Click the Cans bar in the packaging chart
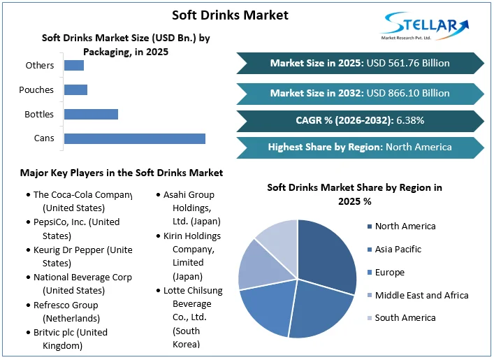tap(134, 138)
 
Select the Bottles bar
tap(91, 114)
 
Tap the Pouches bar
tap(75, 89)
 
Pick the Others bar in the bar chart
tap(74, 65)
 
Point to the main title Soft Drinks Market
tap(230, 15)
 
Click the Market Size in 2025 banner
tap(360, 63)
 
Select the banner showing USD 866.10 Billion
tap(360, 92)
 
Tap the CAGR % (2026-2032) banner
tap(360, 120)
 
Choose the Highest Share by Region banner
tap(360, 147)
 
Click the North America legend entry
tap(405, 226)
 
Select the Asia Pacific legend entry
tap(398, 249)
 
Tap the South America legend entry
tap(405, 317)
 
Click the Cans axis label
tap(44, 138)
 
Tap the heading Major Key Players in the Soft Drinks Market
tap(122, 173)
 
